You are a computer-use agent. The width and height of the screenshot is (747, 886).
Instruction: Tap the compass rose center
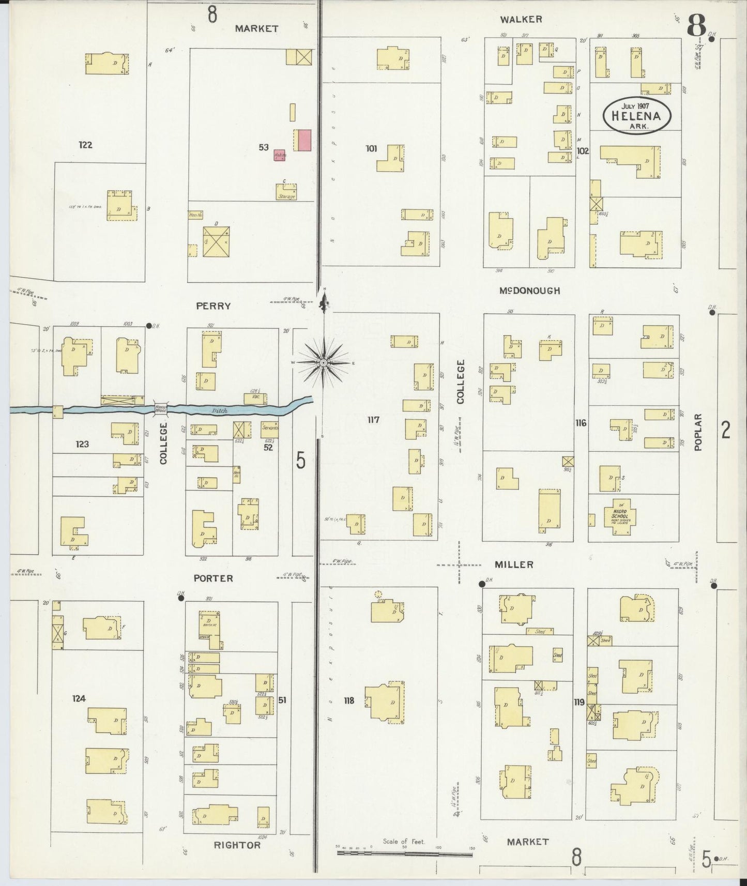coord(323,363)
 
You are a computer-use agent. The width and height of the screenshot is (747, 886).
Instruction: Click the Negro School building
coord(619,516)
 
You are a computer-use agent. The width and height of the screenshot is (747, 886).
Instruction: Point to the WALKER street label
coord(521,20)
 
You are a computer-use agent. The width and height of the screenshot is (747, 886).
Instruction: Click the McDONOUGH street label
coord(529,291)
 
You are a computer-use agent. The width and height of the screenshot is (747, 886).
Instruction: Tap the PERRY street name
coord(213,306)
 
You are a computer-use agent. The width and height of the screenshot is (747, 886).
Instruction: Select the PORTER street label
coord(213,578)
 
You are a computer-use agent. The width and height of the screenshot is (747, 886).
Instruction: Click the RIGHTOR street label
coord(237,845)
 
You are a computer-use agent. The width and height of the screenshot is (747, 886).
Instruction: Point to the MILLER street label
coord(514,564)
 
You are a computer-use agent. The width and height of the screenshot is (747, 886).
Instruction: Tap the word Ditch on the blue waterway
coord(220,411)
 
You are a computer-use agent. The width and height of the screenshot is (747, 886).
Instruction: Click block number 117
coord(373,420)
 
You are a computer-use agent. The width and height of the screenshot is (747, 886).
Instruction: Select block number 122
coord(85,145)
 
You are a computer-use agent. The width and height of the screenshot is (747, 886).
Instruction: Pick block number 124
coord(79,699)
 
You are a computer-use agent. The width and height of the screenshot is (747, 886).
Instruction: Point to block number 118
coord(349,701)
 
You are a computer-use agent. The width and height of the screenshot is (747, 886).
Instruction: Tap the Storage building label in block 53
coord(286,196)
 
